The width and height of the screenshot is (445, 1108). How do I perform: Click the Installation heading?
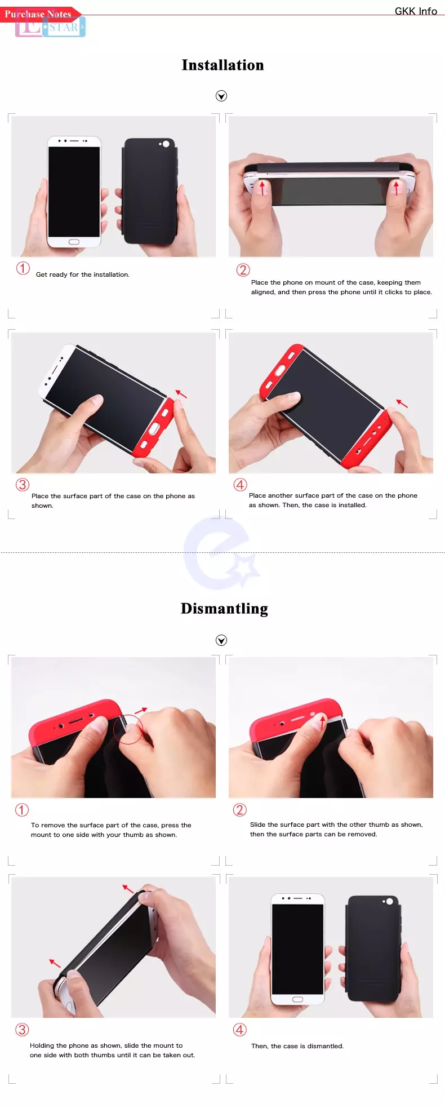tap(222, 65)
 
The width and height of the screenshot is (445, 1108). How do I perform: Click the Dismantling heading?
tap(224, 609)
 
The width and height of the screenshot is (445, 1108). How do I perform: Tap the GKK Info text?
tap(416, 11)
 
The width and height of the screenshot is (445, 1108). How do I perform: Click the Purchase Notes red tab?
tap(39, 14)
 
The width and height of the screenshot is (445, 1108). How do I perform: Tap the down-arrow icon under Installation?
tap(221, 96)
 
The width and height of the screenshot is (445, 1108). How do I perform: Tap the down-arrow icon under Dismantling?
tap(221, 640)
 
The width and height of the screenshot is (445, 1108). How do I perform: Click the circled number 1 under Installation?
tap(23, 268)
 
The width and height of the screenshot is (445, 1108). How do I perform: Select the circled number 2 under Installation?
tap(243, 270)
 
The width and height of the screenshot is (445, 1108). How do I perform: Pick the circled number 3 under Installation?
tap(22, 485)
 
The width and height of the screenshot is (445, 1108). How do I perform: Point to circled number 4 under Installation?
tap(241, 485)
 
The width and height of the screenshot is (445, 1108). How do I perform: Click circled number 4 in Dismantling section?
tap(240, 1030)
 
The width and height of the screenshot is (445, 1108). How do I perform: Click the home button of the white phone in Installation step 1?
tap(74, 242)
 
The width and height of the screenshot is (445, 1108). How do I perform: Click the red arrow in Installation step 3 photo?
tap(181, 393)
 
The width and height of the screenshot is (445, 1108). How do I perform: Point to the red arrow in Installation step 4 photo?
tap(402, 403)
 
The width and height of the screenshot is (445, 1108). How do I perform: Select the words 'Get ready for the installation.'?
tap(83, 274)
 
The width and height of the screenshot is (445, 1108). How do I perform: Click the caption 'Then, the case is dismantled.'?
tap(297, 1046)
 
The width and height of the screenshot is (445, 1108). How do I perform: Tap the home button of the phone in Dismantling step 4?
tap(297, 999)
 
